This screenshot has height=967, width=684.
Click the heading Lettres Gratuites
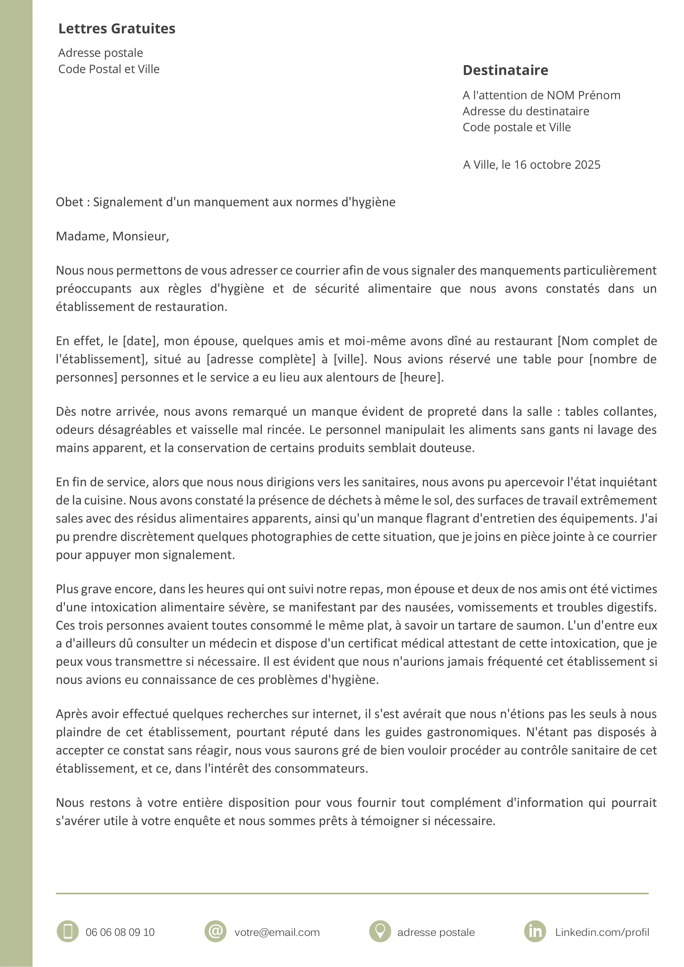click(x=117, y=29)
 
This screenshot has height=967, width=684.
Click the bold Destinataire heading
click(x=505, y=70)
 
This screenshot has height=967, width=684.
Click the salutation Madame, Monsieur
click(x=112, y=236)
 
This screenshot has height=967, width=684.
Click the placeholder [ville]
click(x=349, y=359)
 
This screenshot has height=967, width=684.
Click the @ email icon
click(x=216, y=931)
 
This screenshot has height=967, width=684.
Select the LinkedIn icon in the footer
click(x=535, y=931)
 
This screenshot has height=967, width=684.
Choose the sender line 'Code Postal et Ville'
click(x=109, y=69)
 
